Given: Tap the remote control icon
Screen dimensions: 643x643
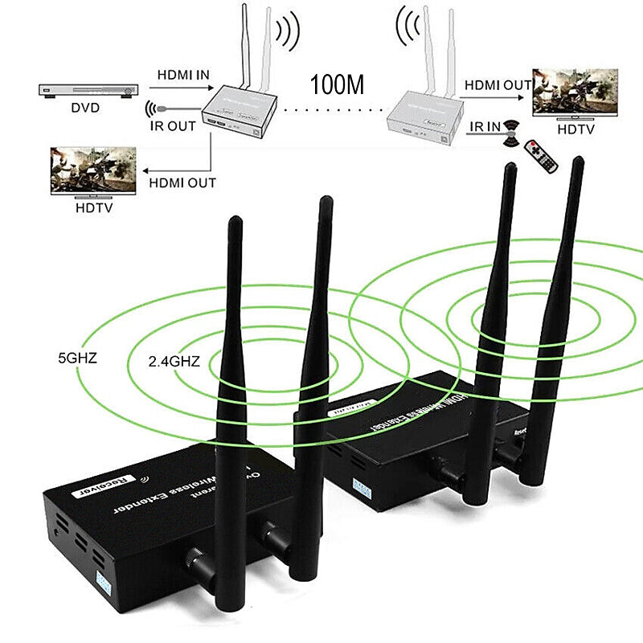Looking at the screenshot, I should [x=539, y=154].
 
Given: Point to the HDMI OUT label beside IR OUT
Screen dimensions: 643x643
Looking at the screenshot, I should [x=182, y=183].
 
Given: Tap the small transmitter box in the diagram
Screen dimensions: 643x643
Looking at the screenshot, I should [x=239, y=111].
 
